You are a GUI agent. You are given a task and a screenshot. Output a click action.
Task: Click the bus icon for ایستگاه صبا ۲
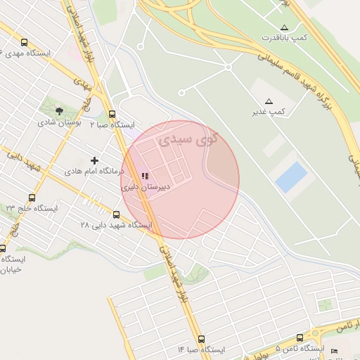[x=112, y=114]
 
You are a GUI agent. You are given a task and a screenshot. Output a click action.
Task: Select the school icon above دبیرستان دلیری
[x=144, y=176]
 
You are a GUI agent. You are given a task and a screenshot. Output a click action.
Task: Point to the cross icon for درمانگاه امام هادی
[x=94, y=160]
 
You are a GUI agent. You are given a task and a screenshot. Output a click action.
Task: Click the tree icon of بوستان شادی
[x=59, y=110]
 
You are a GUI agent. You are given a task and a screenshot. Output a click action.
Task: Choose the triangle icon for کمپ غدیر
[x=269, y=101]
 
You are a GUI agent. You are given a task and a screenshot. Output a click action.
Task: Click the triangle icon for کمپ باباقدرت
[x=283, y=26]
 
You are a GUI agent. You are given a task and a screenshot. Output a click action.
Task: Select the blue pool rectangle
[x=291, y=177]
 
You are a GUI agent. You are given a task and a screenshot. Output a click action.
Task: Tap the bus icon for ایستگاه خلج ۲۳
[x=32, y=198]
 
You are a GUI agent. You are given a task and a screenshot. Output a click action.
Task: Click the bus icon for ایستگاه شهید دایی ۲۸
[x=116, y=214]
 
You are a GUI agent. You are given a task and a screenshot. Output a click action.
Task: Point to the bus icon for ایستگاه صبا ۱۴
[x=202, y=339]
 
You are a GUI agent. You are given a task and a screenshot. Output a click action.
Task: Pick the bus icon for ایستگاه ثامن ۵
[x=300, y=338]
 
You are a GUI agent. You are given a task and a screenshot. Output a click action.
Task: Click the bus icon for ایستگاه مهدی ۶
[x=25, y=42]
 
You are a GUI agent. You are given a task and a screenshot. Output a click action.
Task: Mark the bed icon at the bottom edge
[x=335, y=351]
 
